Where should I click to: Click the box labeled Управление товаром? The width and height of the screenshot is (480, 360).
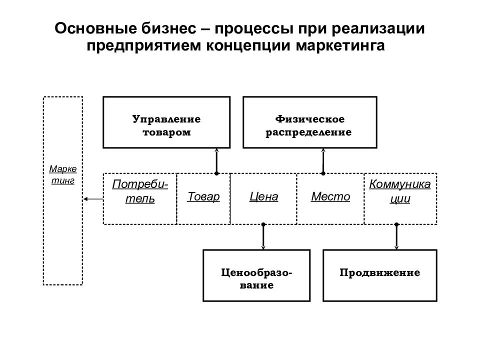tap(166, 122)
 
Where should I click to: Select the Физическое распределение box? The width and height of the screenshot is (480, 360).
tap(308, 122)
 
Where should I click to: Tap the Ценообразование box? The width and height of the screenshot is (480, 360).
tap(256, 275)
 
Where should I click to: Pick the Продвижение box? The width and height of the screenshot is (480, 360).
tap(380, 275)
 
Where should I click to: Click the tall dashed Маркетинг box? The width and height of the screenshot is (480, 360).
tap(63, 190)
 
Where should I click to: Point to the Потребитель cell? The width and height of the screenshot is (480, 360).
tap(140, 198)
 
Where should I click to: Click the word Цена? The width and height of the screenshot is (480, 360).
tap(263, 196)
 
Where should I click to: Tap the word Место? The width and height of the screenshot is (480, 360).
tap(330, 196)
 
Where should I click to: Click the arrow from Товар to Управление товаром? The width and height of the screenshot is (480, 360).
tap(217, 160)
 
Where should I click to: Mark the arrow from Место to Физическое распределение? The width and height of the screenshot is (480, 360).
tap(323, 160)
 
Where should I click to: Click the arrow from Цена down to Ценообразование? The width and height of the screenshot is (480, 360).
tap(263, 236)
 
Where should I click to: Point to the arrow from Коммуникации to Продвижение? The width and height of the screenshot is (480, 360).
tap(397, 236)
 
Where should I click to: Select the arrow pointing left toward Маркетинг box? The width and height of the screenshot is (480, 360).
tap(93, 199)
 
